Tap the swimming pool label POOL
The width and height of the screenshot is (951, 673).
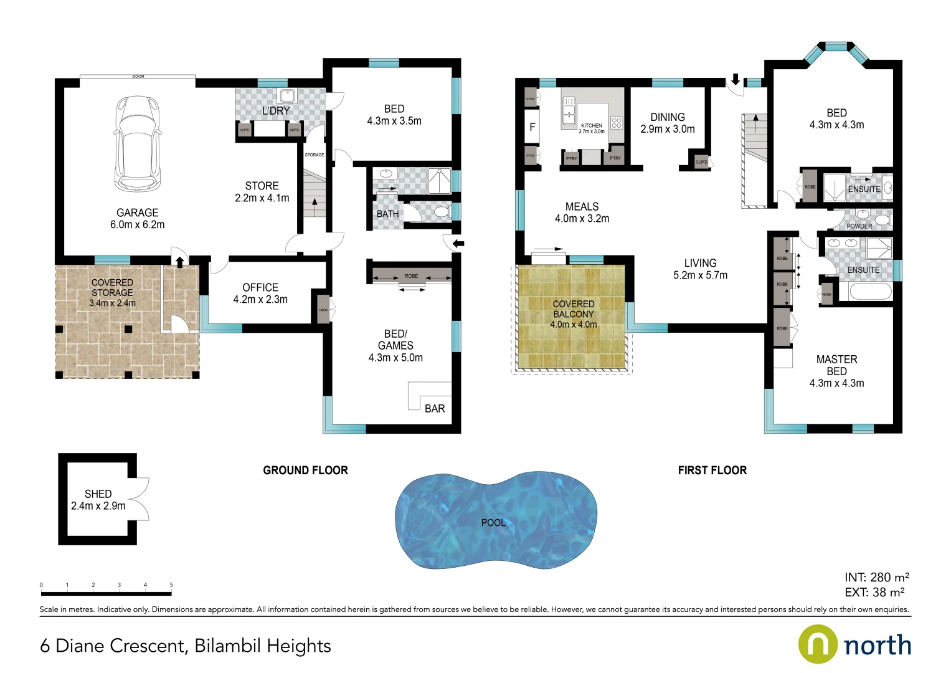[x=493, y=523]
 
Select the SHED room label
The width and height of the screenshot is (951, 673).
[x=98, y=494]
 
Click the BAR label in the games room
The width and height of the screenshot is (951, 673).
[x=435, y=409]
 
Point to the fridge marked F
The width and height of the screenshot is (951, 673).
[x=532, y=127]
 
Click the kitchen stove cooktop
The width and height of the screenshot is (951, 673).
[x=616, y=123]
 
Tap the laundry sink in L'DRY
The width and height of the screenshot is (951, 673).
[x=287, y=95]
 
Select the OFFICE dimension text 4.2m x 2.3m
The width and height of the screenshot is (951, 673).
[x=260, y=300]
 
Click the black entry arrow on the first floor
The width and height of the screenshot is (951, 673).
[x=735, y=79]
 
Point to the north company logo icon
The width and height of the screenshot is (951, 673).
[x=818, y=644]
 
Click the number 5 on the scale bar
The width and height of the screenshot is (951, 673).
[x=171, y=585]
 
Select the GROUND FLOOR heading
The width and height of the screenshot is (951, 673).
[x=305, y=470]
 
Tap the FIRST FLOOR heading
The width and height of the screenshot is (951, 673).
[x=712, y=470]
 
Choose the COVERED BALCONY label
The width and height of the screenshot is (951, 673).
[x=573, y=309]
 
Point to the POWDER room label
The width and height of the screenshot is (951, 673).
[x=859, y=226]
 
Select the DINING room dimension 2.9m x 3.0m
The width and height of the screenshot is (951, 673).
[x=667, y=129]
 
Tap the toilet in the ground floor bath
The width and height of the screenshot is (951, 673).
[x=442, y=212]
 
